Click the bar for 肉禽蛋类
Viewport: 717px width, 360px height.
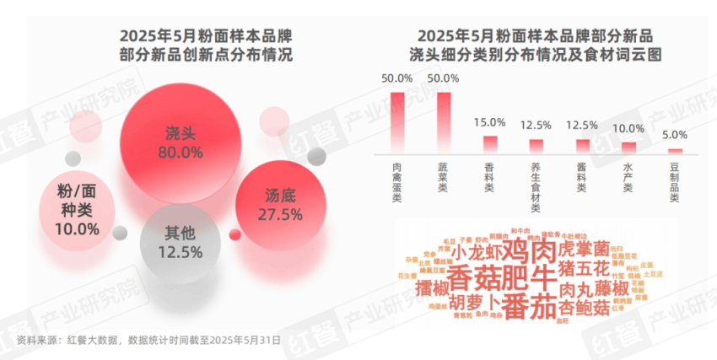pos(397,122)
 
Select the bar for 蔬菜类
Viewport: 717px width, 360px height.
pos(444,122)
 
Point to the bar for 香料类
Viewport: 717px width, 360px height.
pos(489,144)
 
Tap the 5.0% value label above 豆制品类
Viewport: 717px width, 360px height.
pos(674,135)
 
